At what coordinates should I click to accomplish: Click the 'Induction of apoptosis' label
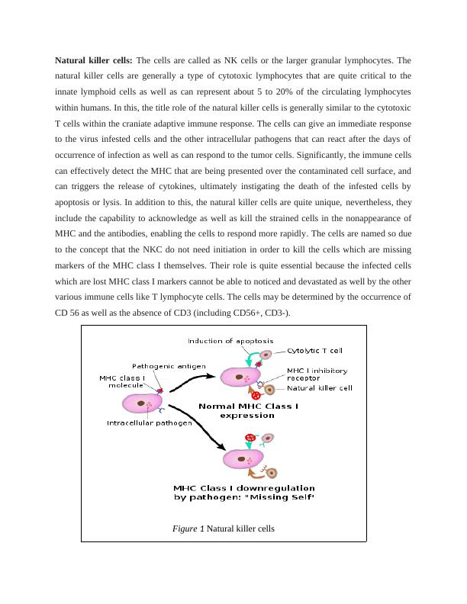click(x=230, y=341)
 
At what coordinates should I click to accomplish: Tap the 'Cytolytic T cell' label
click(x=314, y=351)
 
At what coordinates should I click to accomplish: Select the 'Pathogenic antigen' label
click(x=168, y=366)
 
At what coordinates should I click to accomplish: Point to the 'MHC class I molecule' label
click(x=122, y=381)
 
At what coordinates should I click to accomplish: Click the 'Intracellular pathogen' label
click(x=149, y=422)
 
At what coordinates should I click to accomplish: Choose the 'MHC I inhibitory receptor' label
click(x=316, y=374)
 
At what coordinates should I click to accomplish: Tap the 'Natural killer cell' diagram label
click(x=319, y=388)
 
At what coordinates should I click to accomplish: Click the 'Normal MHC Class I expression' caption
click(x=248, y=411)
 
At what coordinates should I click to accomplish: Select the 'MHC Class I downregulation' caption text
click(x=244, y=488)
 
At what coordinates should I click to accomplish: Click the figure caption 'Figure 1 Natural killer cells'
click(x=223, y=528)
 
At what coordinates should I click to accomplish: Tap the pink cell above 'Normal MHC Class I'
click(x=240, y=376)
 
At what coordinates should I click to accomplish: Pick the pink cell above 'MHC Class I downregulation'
click(x=243, y=458)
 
